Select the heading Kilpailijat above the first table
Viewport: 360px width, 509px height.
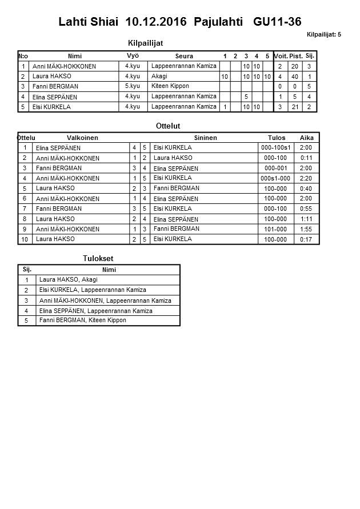click(149, 42)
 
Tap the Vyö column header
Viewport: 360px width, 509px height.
click(133, 55)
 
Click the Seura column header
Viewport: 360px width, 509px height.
click(183, 56)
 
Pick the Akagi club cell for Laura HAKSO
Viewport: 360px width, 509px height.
click(159, 76)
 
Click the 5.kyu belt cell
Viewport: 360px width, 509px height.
click(133, 86)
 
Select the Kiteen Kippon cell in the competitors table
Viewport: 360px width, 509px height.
click(170, 86)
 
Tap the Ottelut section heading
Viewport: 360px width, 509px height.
click(168, 125)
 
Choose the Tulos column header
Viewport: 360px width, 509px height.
click(277, 138)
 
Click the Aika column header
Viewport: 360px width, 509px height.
click(307, 138)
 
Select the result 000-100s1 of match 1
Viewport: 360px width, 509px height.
click(277, 148)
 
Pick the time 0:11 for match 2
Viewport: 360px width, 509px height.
click(306, 158)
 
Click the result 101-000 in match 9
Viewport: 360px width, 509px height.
click(275, 229)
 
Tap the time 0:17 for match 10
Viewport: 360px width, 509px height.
click(306, 239)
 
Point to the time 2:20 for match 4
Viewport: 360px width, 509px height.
click(306, 178)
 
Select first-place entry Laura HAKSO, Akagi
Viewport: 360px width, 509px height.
click(68, 280)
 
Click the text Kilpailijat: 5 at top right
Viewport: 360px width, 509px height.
click(323, 35)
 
